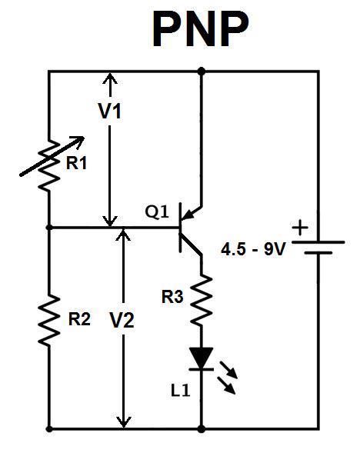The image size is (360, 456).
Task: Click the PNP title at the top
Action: click(x=201, y=29)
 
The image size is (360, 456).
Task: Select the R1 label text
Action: click(x=76, y=163)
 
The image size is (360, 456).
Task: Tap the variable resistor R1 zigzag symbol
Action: click(x=49, y=165)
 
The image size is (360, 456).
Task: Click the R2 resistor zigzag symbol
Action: click(x=49, y=321)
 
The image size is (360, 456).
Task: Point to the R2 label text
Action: click(x=79, y=319)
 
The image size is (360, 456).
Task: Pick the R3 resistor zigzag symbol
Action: click(x=202, y=299)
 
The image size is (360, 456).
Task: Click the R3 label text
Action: click(x=172, y=297)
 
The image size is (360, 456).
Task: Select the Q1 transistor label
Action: click(x=157, y=211)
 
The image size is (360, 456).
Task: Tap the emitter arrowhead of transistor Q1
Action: click(x=188, y=215)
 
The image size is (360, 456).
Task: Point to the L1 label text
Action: click(x=181, y=391)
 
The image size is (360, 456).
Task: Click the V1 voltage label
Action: click(x=110, y=111)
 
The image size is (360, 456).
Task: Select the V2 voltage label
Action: click(x=122, y=320)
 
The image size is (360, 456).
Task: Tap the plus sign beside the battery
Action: click(x=300, y=228)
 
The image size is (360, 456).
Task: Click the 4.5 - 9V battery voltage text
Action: click(x=253, y=249)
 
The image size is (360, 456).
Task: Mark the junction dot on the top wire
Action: click(x=201, y=71)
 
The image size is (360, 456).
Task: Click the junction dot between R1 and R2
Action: click(x=49, y=227)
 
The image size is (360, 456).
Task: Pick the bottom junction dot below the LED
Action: click(x=201, y=428)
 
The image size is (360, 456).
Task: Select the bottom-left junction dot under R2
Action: click(x=49, y=428)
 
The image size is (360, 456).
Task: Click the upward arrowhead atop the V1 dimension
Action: click(x=110, y=78)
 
